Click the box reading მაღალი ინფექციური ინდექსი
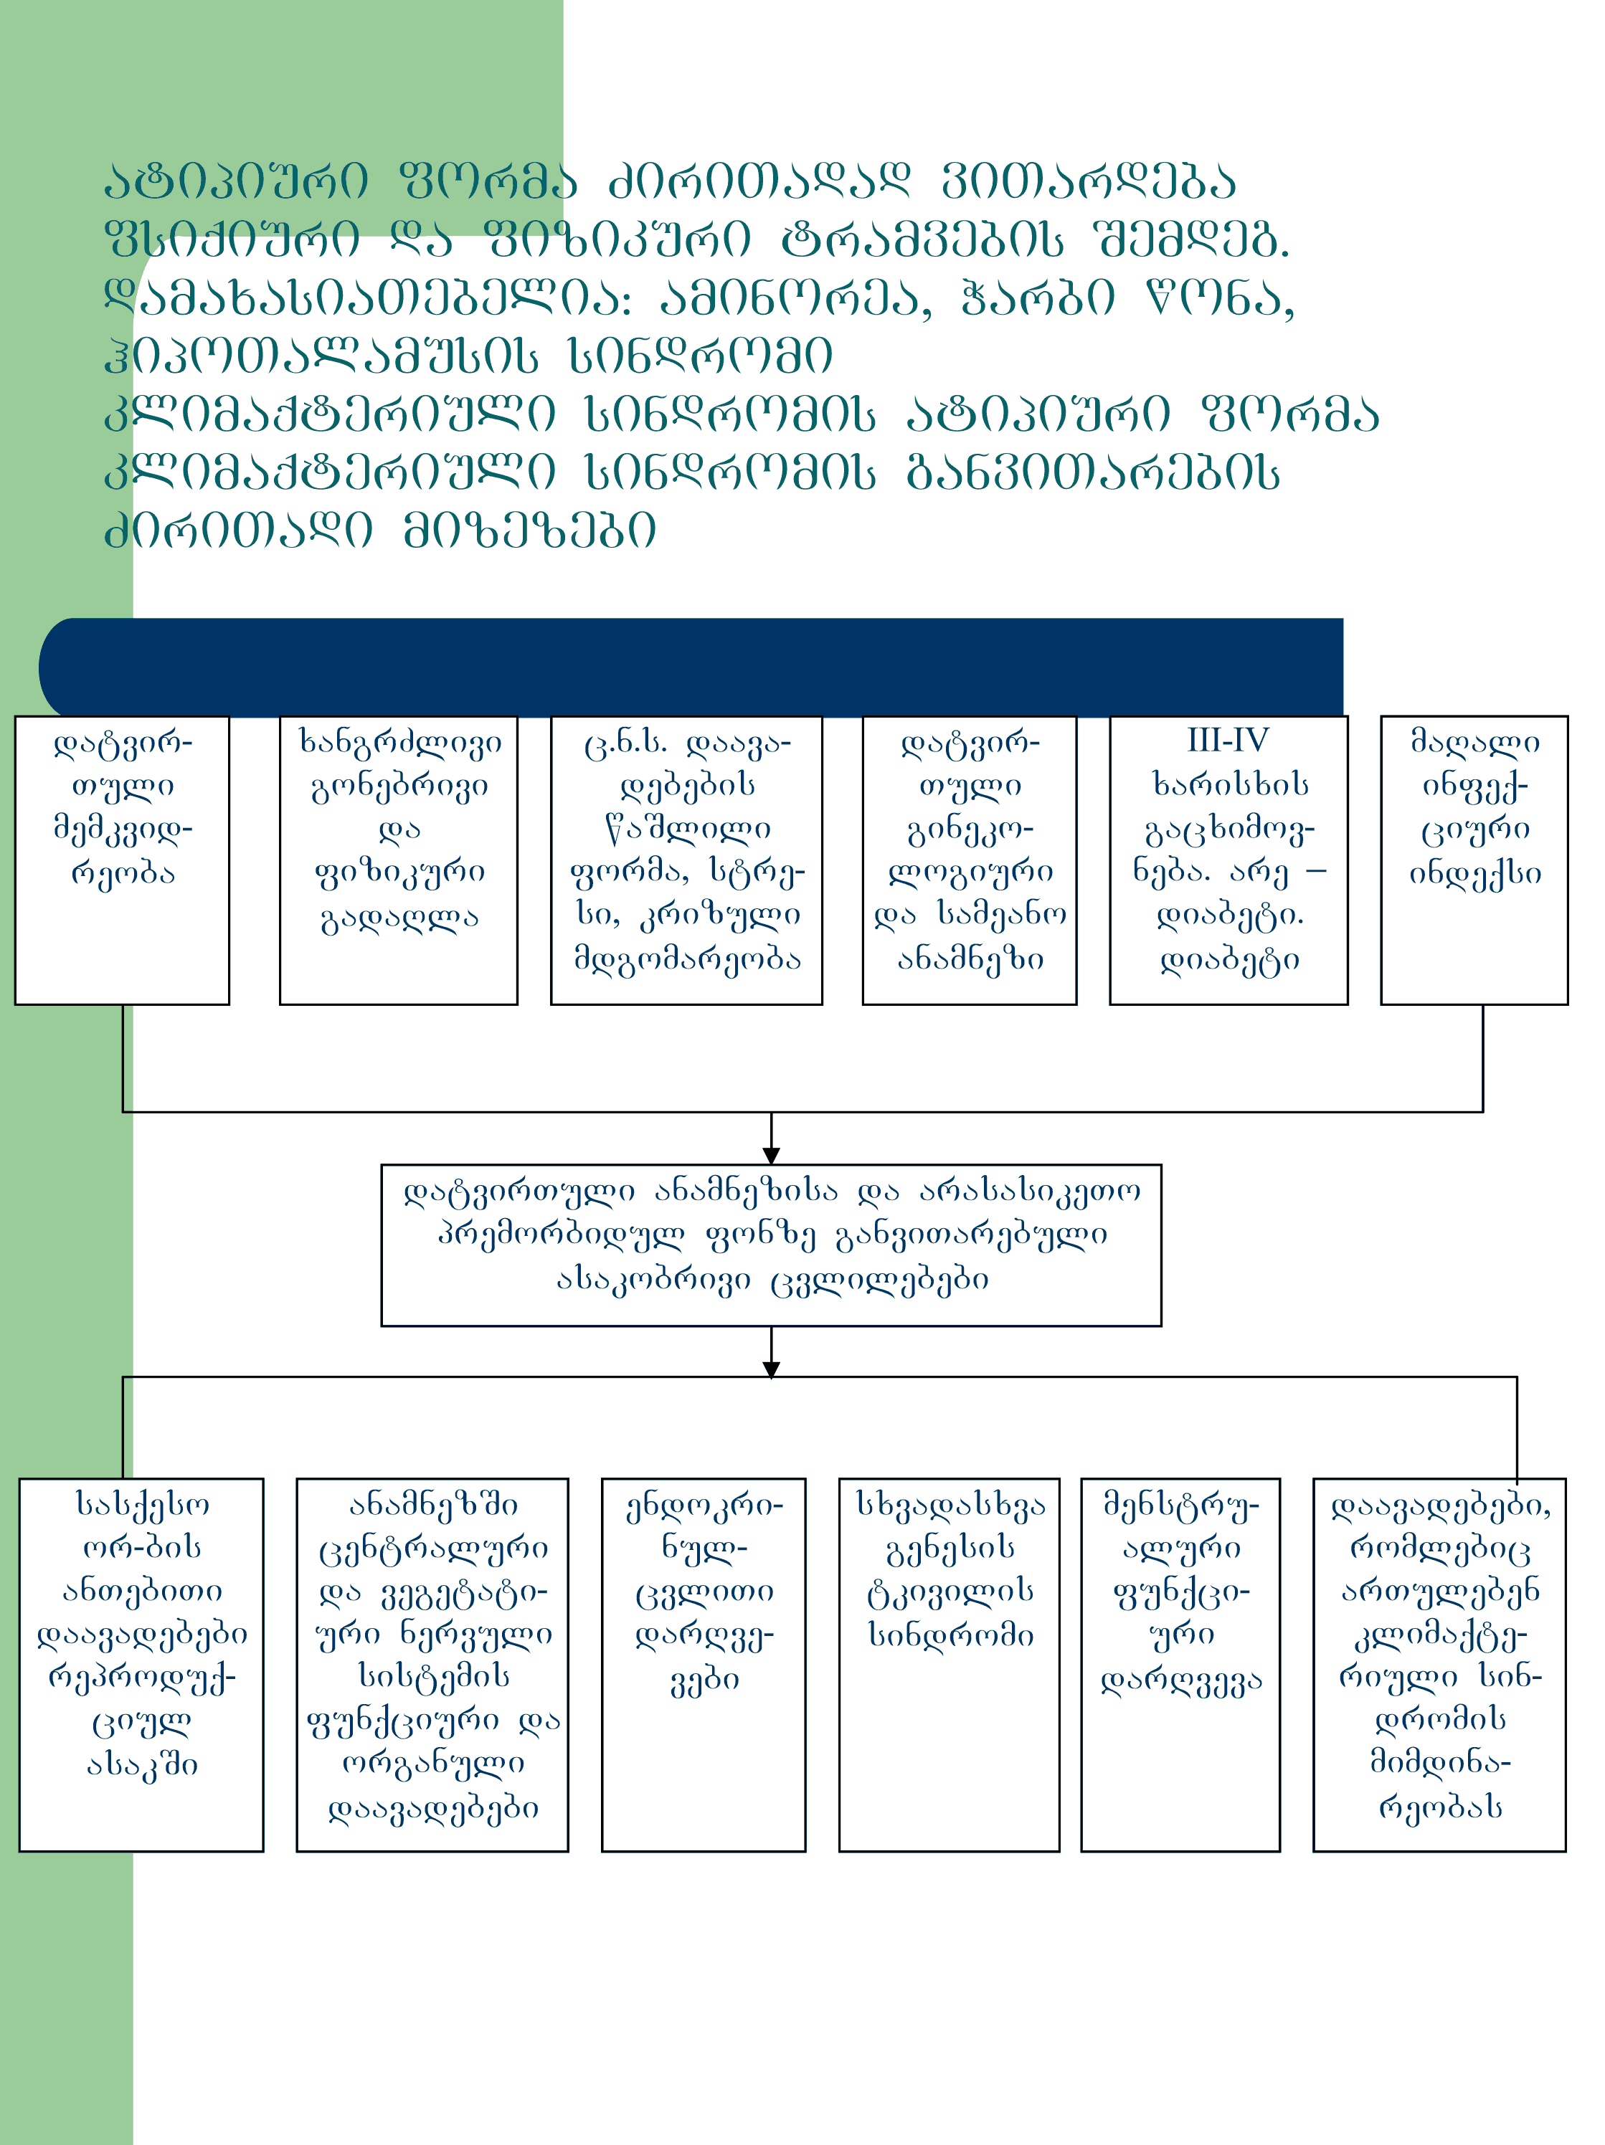click(1473, 860)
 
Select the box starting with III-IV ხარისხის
click(1228, 860)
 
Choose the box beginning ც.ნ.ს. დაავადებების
click(686, 860)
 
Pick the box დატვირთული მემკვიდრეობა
click(122, 860)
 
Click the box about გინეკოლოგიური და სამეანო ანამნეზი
click(969, 860)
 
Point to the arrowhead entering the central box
click(771, 1155)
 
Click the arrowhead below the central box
click(771, 1369)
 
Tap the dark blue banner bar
click(691, 667)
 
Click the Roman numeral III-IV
click(1228, 741)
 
